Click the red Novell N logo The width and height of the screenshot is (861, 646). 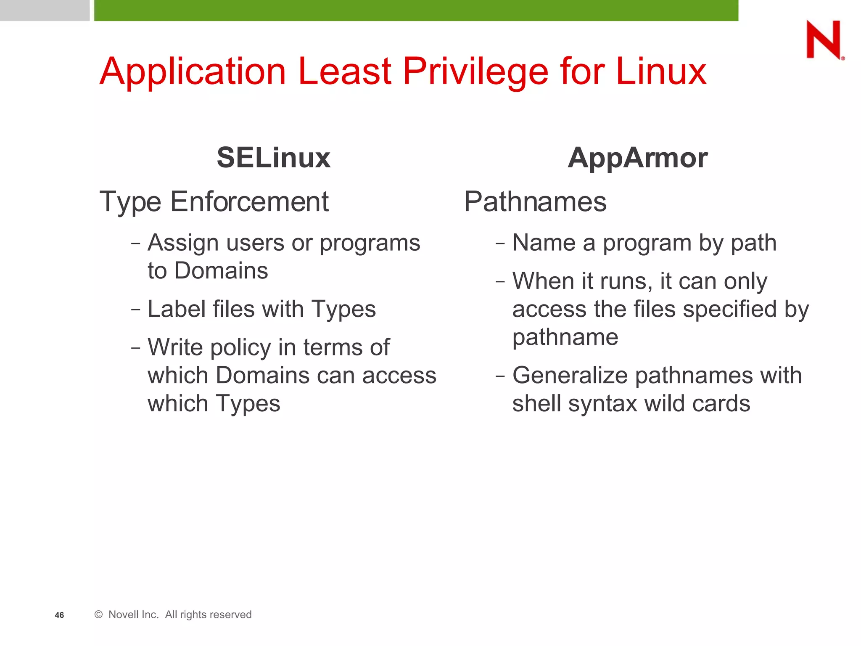pyautogui.click(x=824, y=40)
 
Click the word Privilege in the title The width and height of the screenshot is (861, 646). pyautogui.click(x=475, y=72)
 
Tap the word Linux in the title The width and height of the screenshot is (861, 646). pyautogui.click(x=661, y=71)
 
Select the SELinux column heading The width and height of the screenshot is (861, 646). pyautogui.click(x=273, y=158)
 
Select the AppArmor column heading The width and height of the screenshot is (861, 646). pyautogui.click(x=637, y=158)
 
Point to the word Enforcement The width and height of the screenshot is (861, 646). pyautogui.click(x=249, y=201)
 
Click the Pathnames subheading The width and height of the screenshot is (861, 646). pyautogui.click(x=535, y=201)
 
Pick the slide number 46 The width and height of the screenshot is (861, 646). pyautogui.click(x=59, y=615)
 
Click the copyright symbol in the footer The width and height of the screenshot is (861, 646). pyautogui.click(x=99, y=614)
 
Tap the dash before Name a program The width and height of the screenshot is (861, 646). pyautogui.click(x=500, y=243)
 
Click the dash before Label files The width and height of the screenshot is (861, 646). pyautogui.click(x=135, y=310)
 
